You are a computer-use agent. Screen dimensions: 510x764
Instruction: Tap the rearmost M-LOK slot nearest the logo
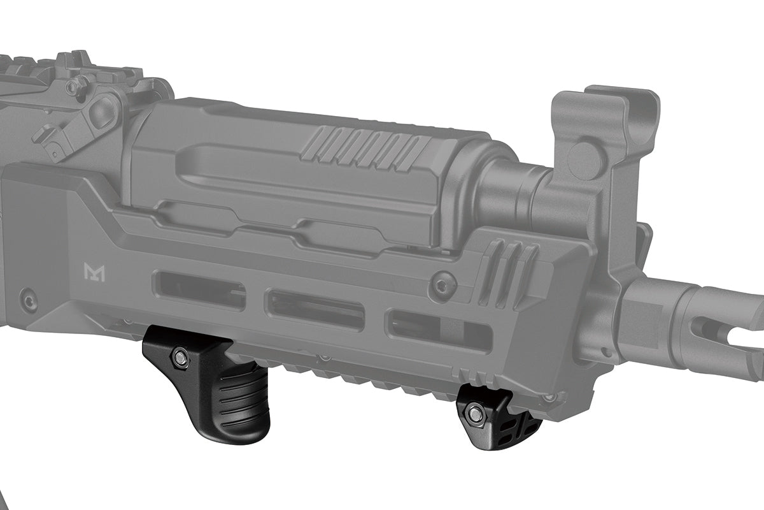[x=199, y=290]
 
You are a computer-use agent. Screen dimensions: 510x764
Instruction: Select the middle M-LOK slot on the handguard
[x=315, y=309]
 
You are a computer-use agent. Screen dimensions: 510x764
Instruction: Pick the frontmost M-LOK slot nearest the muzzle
[x=439, y=330]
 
